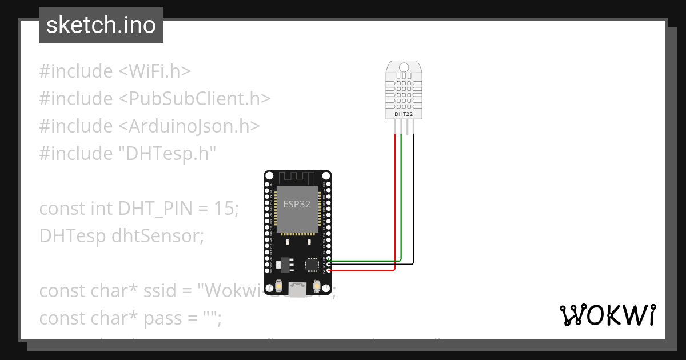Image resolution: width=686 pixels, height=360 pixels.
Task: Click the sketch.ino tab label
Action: click(101, 25)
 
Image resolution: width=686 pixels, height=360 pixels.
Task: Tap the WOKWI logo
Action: click(607, 315)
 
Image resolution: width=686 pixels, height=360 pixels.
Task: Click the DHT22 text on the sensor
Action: click(404, 114)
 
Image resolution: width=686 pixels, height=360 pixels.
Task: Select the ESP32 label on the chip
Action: click(297, 204)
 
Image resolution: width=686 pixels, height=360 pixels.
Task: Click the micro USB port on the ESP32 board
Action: click(297, 290)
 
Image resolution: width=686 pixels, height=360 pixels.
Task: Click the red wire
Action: click(395, 200)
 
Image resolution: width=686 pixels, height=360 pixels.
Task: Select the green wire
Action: click(401, 200)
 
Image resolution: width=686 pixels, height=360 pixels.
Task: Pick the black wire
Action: click(414, 200)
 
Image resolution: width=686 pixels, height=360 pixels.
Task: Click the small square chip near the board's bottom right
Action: click(313, 265)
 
